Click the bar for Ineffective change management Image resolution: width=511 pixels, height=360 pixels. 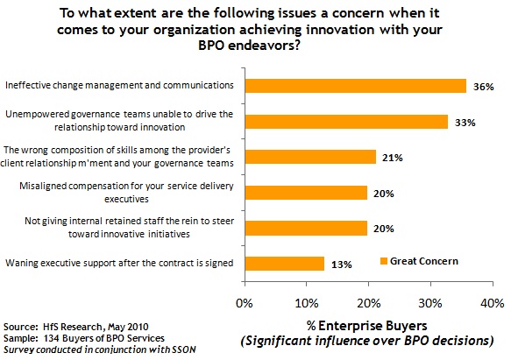pos(356,86)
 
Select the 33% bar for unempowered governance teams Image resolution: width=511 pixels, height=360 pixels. pos(346,122)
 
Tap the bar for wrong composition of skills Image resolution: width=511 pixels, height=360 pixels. pos(310,157)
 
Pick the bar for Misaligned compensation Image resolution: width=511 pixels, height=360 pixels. pos(307,193)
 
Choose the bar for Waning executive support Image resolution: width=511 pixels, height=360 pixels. pos(285,264)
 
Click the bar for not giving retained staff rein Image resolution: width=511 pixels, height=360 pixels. pos(307,228)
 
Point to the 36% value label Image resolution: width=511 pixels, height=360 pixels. pos(484,87)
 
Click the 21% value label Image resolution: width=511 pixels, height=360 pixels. pos(393,158)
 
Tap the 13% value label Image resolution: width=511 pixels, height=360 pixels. pos(342,265)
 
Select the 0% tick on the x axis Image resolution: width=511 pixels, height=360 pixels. pos(245,304)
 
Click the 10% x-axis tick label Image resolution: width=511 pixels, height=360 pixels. pos(307,304)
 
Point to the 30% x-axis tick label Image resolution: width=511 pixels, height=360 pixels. pos(430,304)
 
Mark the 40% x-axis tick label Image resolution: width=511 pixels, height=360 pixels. pos(493,304)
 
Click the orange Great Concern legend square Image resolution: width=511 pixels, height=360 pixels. pos(384,261)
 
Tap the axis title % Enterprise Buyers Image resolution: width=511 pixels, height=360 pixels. pos(366,326)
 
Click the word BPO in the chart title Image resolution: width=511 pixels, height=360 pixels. pos(211,46)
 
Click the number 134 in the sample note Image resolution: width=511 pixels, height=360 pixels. pos(51,338)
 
